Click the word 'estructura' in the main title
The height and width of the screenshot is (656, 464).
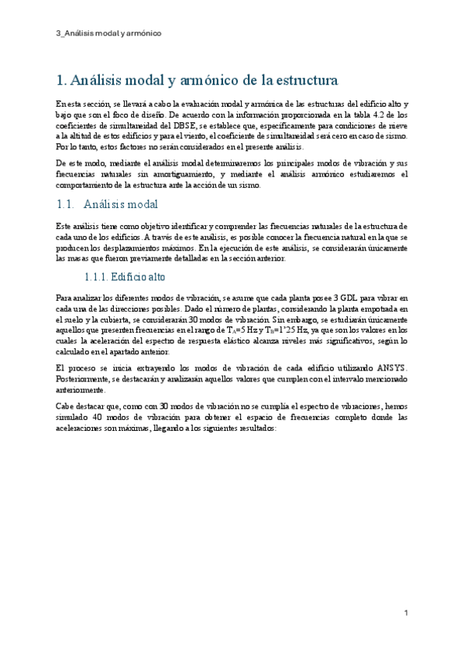click(x=300, y=80)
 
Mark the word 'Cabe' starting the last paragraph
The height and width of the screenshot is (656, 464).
click(x=66, y=405)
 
